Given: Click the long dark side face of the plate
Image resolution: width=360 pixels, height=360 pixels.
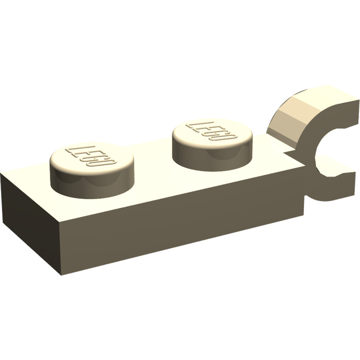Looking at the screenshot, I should click(x=180, y=221).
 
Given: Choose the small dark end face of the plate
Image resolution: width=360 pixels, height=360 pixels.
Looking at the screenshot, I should click(x=31, y=221).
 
